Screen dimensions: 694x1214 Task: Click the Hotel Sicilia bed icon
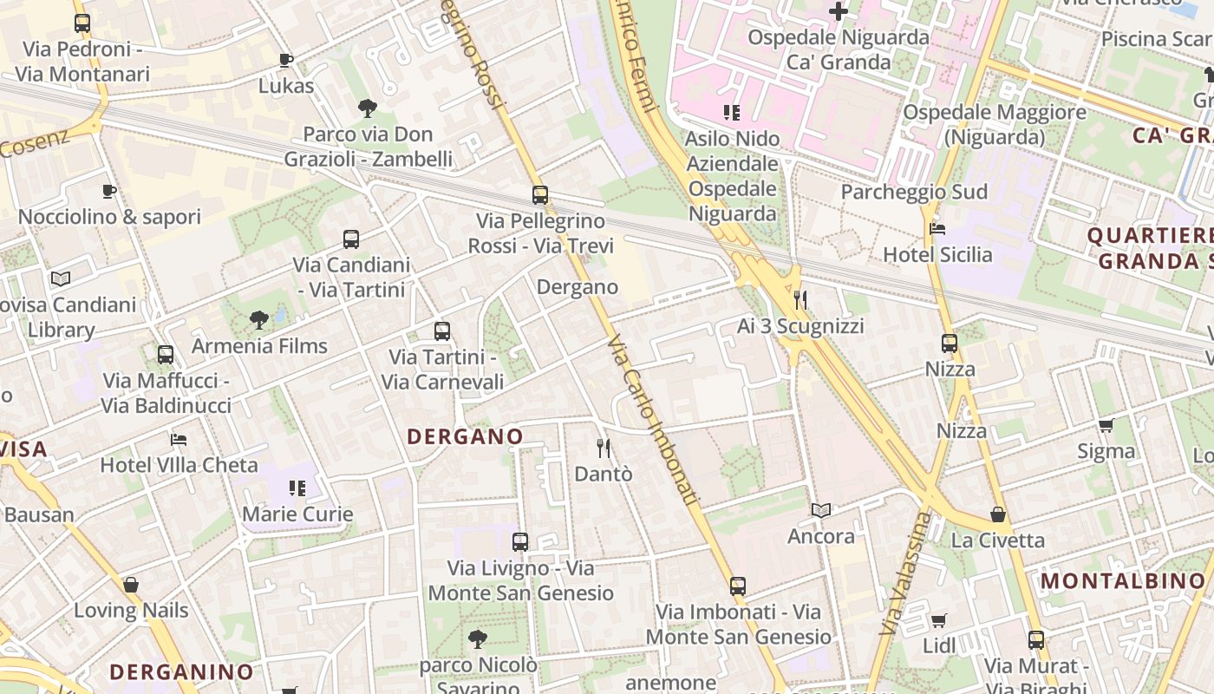937,229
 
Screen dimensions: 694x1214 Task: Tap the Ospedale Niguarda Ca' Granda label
839,49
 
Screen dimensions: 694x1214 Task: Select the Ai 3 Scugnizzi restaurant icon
800,300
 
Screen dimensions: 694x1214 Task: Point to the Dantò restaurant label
604,475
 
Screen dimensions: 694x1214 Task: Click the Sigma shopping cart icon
1106,425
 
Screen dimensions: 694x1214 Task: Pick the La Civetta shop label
998,540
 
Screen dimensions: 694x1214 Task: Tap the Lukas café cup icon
286,60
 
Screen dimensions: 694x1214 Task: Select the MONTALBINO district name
1123,581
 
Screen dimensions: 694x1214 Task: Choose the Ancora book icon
821,510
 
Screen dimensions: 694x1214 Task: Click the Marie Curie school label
297,514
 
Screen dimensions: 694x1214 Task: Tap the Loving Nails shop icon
131,585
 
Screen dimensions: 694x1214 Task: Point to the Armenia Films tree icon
258,320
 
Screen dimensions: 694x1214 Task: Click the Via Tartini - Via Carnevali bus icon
442,331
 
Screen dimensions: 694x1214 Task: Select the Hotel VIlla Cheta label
179,465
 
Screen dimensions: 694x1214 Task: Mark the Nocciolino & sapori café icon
109,191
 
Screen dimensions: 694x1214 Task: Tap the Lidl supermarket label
939,645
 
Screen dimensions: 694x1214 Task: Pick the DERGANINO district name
181,671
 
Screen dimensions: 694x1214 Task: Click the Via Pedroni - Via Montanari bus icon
82,23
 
